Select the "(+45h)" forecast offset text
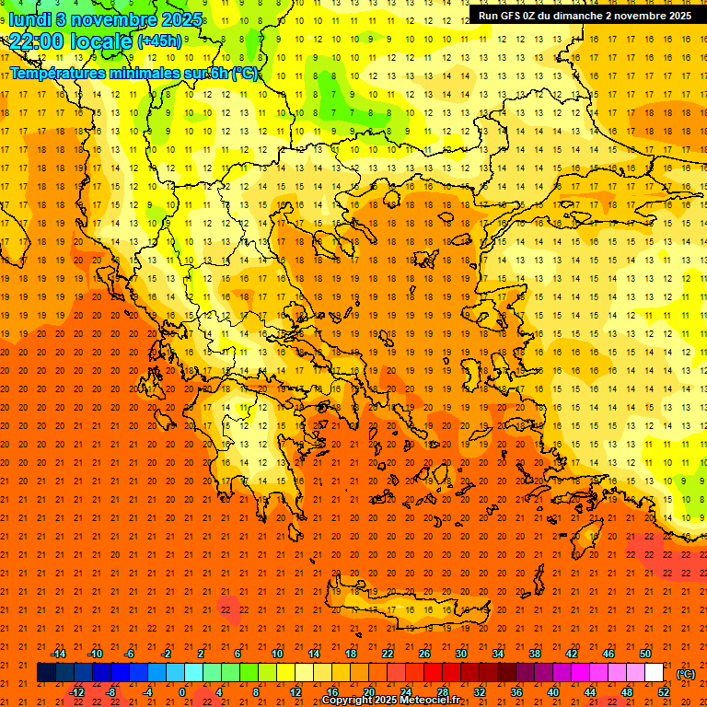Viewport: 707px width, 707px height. tap(159, 41)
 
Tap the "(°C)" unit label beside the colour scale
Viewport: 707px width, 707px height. tap(686, 674)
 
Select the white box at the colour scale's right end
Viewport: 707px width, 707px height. tap(655, 673)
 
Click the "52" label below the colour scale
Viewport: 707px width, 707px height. tap(664, 692)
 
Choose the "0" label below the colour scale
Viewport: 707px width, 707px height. tap(182, 692)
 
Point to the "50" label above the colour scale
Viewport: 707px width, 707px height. tap(645, 654)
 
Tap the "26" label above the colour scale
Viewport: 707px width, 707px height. tap(424, 654)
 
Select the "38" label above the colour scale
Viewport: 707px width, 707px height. tap(535, 654)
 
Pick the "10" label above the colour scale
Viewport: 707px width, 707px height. tap(277, 654)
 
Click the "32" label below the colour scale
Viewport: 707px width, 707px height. tap(480, 692)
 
